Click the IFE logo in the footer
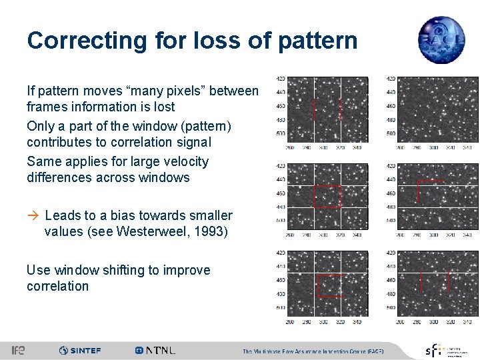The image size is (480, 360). [x=19, y=350]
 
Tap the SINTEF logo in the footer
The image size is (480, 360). [x=80, y=350]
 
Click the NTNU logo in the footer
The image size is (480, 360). [x=155, y=350]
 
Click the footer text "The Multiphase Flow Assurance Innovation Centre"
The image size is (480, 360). [x=313, y=351]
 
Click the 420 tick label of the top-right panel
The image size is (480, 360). [x=391, y=79]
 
